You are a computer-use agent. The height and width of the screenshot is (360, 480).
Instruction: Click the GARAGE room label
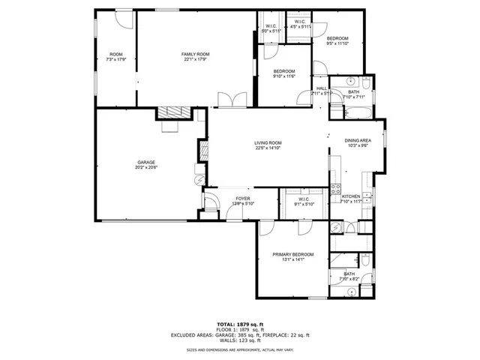pyautogui.click(x=145, y=163)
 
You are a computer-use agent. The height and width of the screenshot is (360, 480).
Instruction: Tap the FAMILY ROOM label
pyautogui.click(x=194, y=55)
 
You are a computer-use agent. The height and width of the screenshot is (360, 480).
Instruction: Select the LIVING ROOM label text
pyautogui.click(x=267, y=142)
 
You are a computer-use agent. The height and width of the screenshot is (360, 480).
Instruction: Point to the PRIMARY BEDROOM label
pyautogui.click(x=292, y=255)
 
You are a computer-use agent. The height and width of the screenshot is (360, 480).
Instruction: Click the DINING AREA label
pyautogui.click(x=358, y=140)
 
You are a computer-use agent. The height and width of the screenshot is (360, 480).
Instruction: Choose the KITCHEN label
pyautogui.click(x=351, y=196)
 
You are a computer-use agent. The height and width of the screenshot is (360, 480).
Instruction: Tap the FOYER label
pyautogui.click(x=222, y=199)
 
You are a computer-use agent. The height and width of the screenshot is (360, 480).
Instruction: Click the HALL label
pyautogui.click(x=322, y=88)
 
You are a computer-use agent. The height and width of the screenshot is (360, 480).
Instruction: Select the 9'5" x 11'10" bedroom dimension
pyautogui.click(x=337, y=43)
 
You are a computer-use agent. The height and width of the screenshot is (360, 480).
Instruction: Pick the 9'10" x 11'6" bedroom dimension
pyautogui.click(x=283, y=76)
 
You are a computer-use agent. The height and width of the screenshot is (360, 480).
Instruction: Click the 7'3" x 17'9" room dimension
pyautogui.click(x=115, y=60)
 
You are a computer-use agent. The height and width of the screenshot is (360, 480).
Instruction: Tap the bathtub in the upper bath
pyautogui.click(x=356, y=113)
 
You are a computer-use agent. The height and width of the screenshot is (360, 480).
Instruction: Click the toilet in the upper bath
pyautogui.click(x=366, y=82)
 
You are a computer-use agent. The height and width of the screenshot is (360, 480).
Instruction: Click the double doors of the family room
pyautogui.click(x=227, y=100)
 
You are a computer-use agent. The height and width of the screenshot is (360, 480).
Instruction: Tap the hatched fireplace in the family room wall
pyautogui.click(x=172, y=112)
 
